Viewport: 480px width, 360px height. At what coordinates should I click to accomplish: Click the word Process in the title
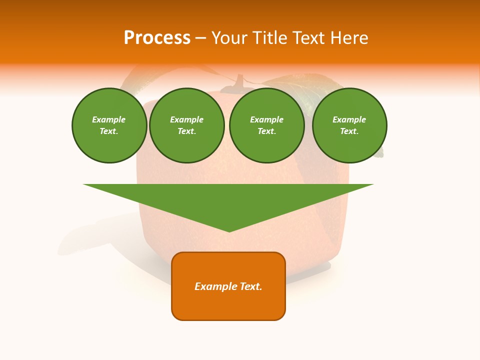[x=157, y=38]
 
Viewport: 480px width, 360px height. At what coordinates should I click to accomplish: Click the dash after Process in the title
[x=200, y=38]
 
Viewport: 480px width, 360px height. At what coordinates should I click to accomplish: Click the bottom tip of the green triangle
[x=229, y=230]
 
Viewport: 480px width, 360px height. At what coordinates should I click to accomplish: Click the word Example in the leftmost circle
[x=109, y=119]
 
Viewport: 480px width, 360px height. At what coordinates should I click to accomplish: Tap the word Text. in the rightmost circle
[x=349, y=131]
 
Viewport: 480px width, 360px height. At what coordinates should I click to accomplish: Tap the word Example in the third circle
[x=266, y=119]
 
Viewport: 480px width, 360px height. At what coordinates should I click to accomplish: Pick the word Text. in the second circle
[x=186, y=131]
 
